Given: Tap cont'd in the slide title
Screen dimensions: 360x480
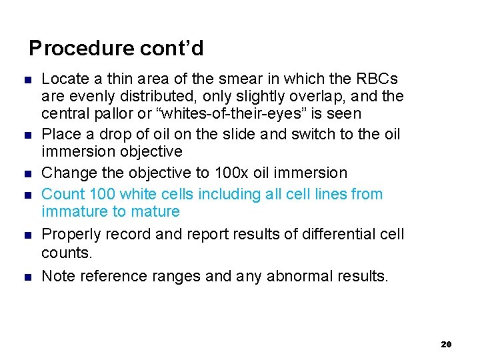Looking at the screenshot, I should [172, 49].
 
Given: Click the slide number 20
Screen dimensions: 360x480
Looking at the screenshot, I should [446, 344].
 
